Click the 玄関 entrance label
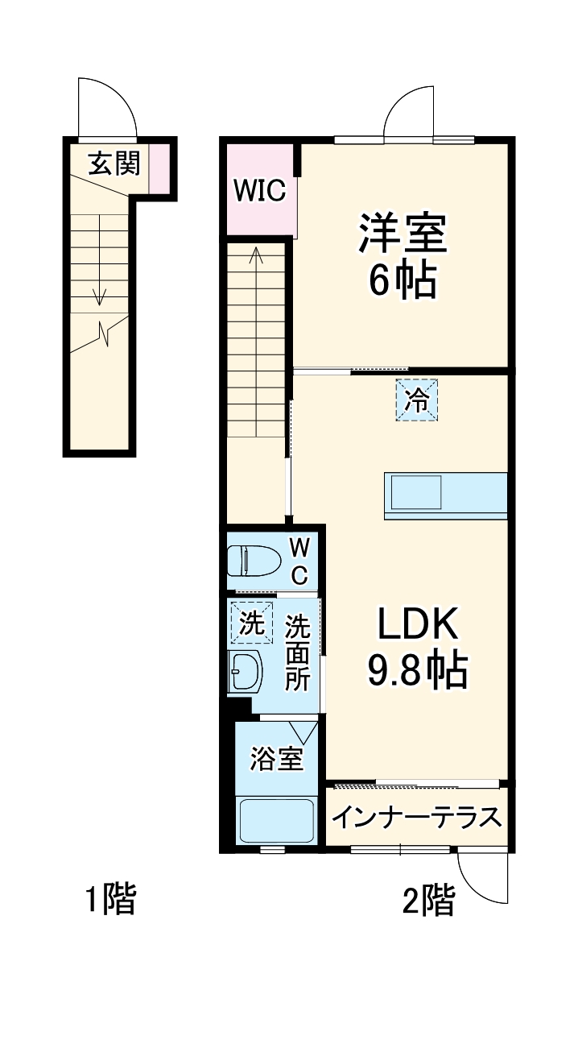[114, 164]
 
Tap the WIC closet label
[259, 192]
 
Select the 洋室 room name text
[402, 233]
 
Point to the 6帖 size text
[402, 281]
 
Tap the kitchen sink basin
[415, 491]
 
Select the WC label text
[299, 561]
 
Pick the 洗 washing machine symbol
[250, 623]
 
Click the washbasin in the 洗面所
[245, 671]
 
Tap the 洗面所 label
[298, 652]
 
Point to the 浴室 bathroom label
[276, 759]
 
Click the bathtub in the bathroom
[276, 820]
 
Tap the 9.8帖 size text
[418, 669]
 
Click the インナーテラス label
[417, 818]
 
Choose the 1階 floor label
[110, 899]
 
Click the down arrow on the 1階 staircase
[100, 295]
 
